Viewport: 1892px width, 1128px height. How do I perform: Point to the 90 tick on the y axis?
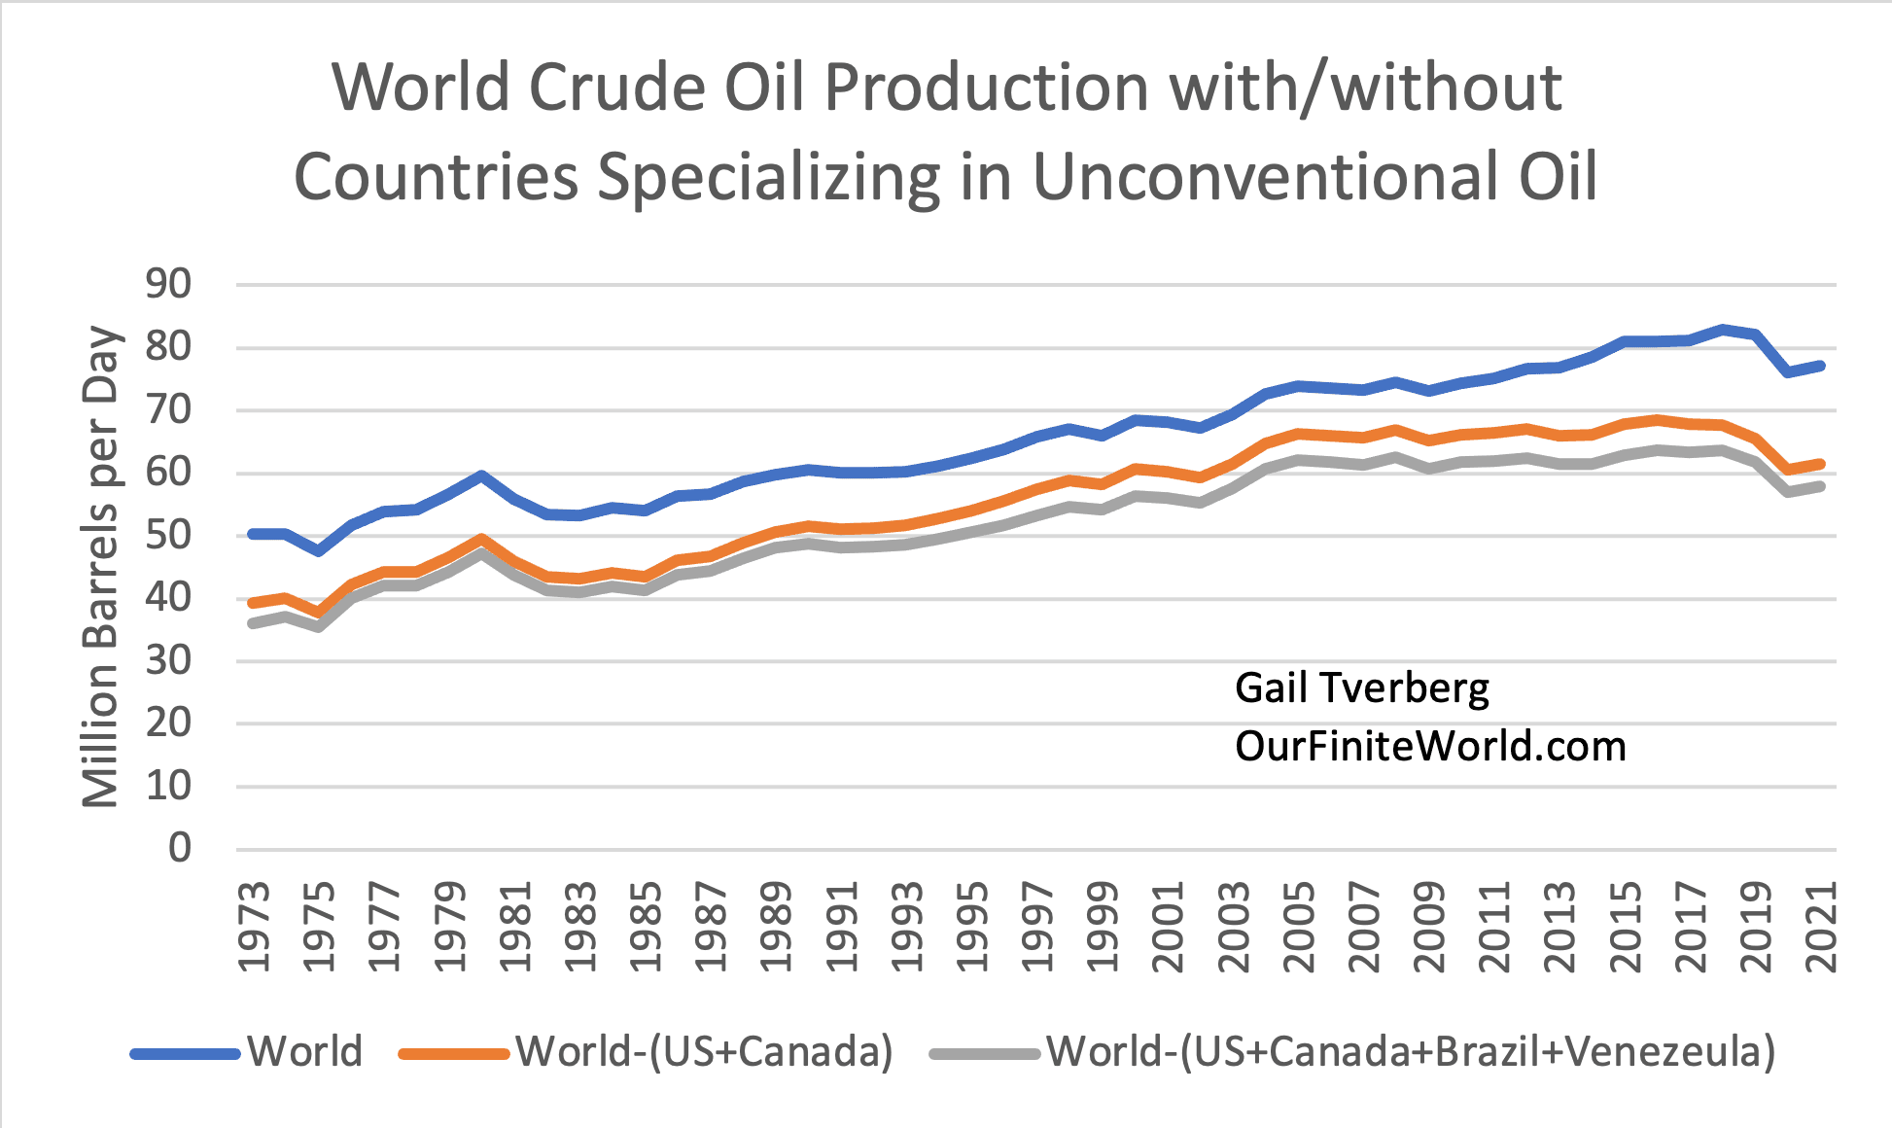pos(168,284)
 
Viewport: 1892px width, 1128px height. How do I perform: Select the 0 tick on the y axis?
pos(180,848)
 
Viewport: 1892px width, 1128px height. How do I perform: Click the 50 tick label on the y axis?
pos(168,535)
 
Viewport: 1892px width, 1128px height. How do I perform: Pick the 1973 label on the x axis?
pos(254,927)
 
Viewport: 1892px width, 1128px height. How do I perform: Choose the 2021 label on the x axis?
pos(1820,927)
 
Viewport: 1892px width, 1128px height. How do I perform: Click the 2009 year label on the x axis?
pos(1428,927)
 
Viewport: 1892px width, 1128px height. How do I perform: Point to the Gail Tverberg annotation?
pos(1361,688)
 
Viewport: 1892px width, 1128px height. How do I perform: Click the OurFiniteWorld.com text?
pos(1430,747)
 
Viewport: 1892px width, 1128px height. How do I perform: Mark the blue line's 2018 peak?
pos(1722,330)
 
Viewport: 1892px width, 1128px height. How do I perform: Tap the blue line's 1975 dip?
pos(319,550)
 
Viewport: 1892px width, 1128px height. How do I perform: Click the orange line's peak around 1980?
pos(481,538)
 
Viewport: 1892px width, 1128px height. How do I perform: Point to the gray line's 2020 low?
pos(1787,492)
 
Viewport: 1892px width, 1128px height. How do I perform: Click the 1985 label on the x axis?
pos(646,927)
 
